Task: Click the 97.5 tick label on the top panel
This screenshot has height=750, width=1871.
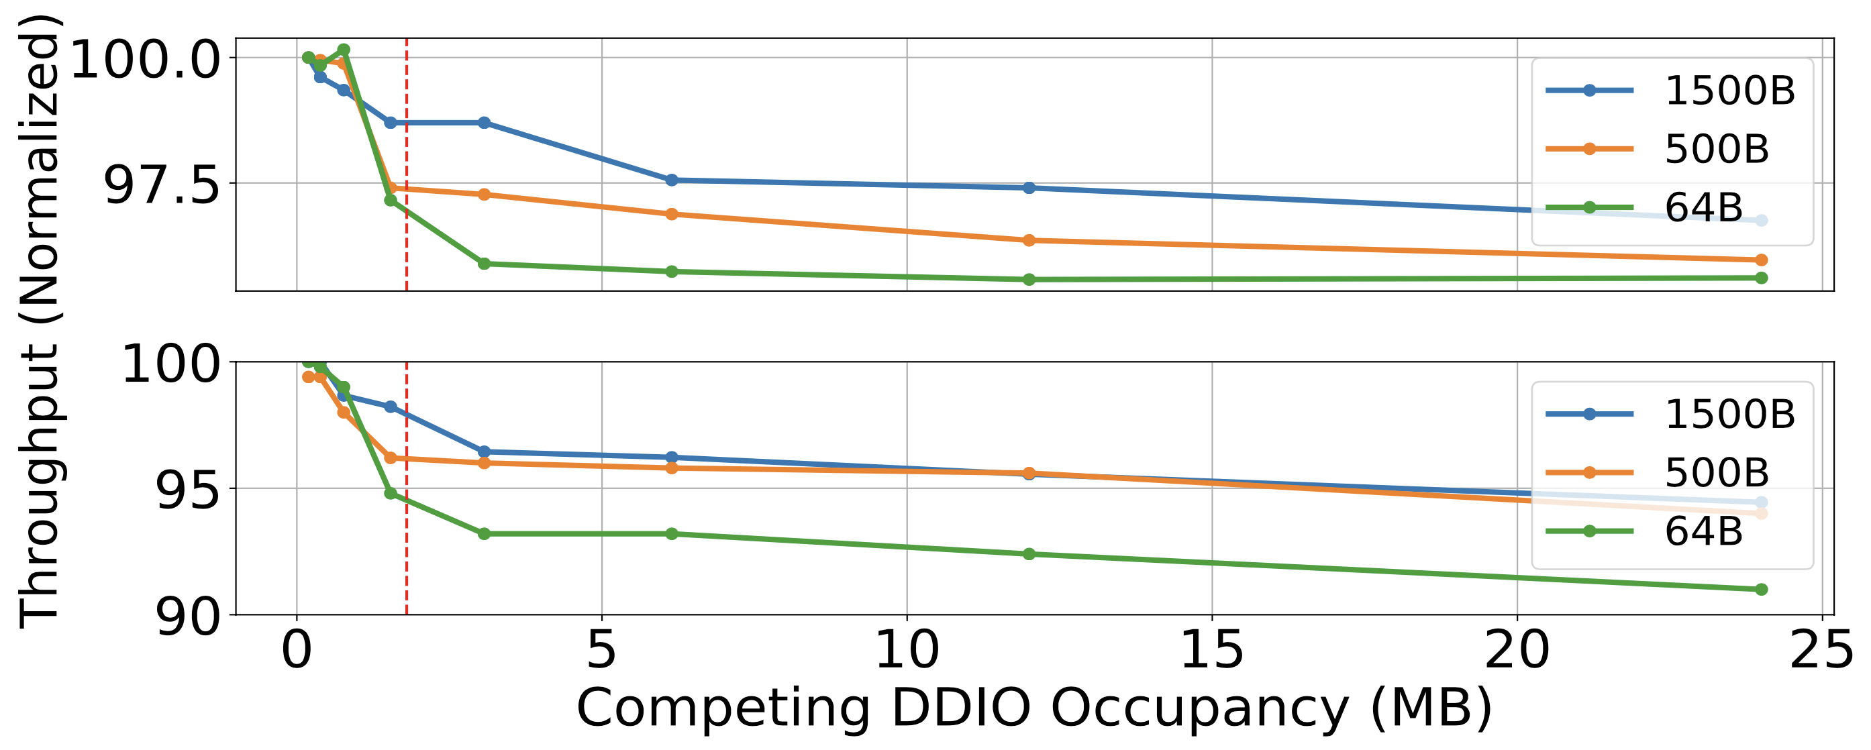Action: (161, 186)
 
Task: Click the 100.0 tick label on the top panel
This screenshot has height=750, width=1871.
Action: (144, 60)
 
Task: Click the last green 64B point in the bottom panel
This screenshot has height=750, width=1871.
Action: (1760, 590)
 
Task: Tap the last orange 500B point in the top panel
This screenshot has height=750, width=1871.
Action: (1760, 260)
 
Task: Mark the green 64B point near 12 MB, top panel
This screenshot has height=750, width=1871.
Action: (1029, 280)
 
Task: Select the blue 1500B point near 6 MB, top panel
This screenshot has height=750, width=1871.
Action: (672, 180)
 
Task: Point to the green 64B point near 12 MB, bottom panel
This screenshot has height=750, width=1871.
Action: (1029, 554)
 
